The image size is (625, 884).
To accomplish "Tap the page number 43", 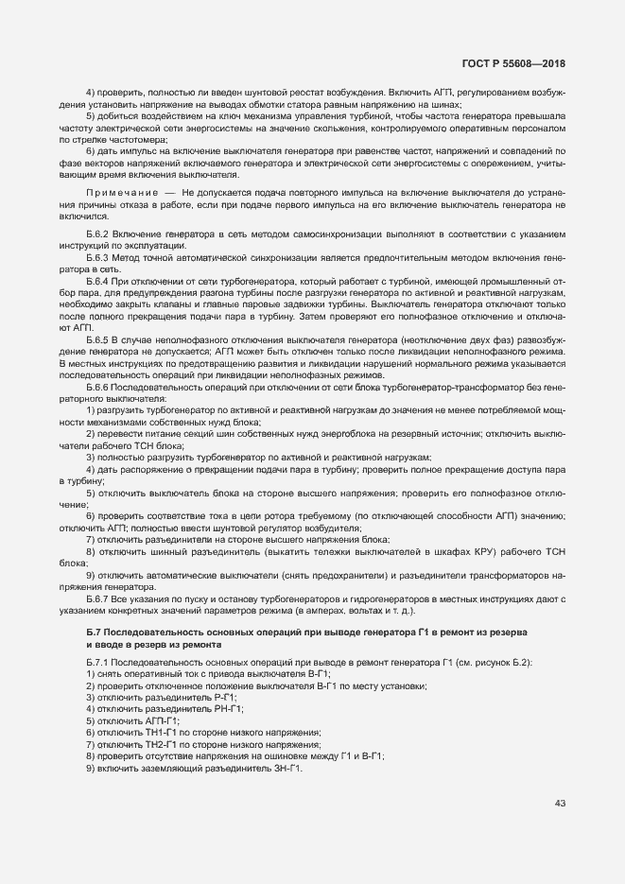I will [x=560, y=804].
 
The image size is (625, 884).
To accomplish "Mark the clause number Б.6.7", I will [x=98, y=599].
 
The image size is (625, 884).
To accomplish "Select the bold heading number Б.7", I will [x=92, y=631].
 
